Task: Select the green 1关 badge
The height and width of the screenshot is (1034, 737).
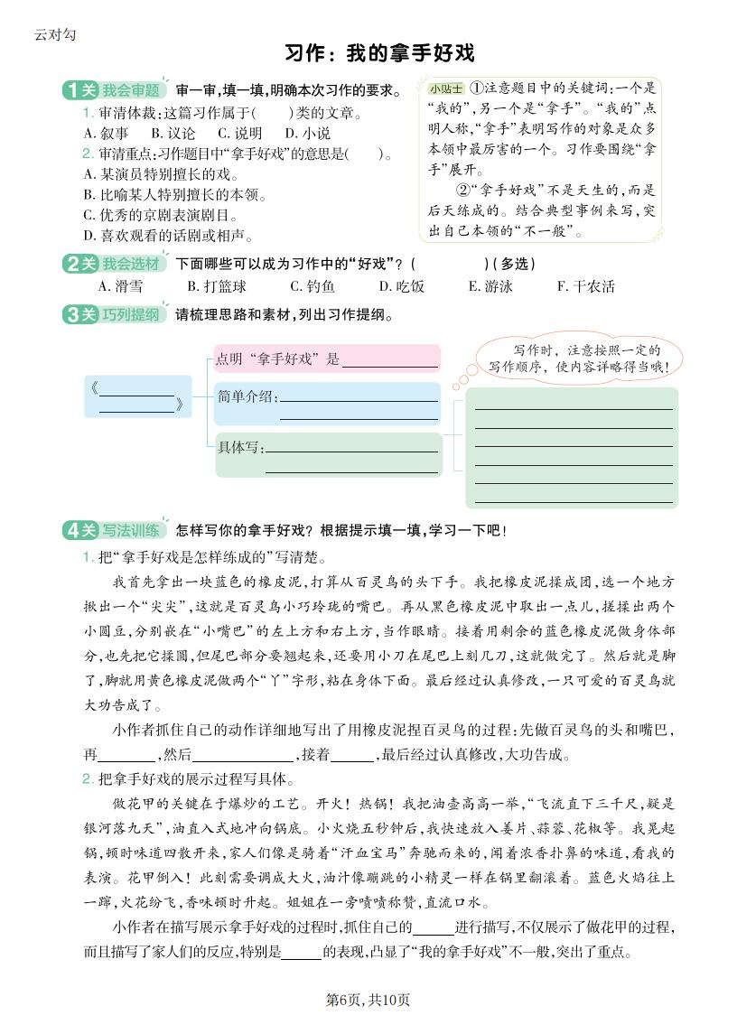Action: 79,90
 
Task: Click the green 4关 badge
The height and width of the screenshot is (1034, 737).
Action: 79,530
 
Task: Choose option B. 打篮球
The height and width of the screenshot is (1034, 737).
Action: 217,286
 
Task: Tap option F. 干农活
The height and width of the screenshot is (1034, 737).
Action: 586,286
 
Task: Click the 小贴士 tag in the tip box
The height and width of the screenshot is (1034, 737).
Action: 446,88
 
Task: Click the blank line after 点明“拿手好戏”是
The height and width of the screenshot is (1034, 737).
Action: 390,360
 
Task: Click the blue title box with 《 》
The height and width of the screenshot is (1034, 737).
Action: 138,396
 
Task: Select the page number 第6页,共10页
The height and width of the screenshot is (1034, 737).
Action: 368,1000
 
